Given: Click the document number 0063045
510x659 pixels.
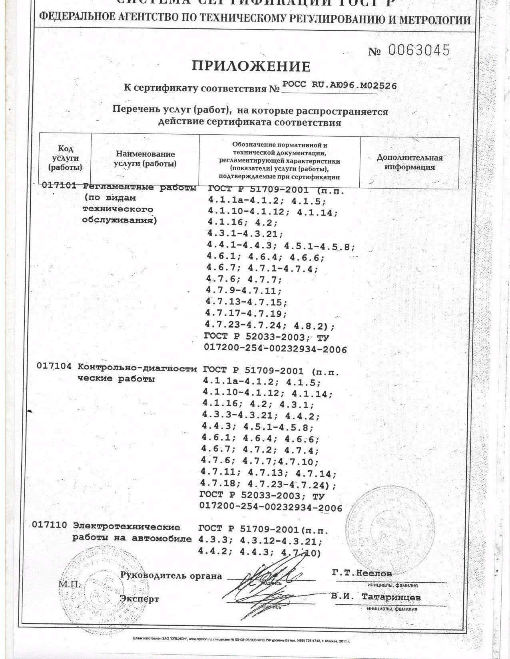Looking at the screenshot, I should click(x=419, y=51).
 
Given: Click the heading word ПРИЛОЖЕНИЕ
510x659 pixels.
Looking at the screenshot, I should click(x=251, y=66).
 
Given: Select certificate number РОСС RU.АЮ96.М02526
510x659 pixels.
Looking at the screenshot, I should click(x=339, y=85).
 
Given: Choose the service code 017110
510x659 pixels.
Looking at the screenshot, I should click(x=50, y=525).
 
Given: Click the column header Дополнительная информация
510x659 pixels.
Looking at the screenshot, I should click(x=409, y=162).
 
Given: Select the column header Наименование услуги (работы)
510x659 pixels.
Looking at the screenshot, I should click(x=145, y=159).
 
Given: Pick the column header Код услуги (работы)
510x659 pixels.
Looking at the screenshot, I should click(x=65, y=158).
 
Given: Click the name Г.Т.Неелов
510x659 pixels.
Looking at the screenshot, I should click(x=361, y=573).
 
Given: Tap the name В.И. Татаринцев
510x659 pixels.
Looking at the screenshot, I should click(x=376, y=597).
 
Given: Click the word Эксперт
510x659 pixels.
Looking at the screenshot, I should click(x=139, y=599).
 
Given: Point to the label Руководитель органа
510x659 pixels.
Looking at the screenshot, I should click(x=171, y=576).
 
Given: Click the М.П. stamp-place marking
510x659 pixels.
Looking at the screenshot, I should click(x=69, y=584).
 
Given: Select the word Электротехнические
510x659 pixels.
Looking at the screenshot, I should click(x=126, y=527).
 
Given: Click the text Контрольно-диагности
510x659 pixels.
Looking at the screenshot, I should click(x=137, y=368).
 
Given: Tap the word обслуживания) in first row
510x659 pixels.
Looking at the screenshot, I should click(x=119, y=220).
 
